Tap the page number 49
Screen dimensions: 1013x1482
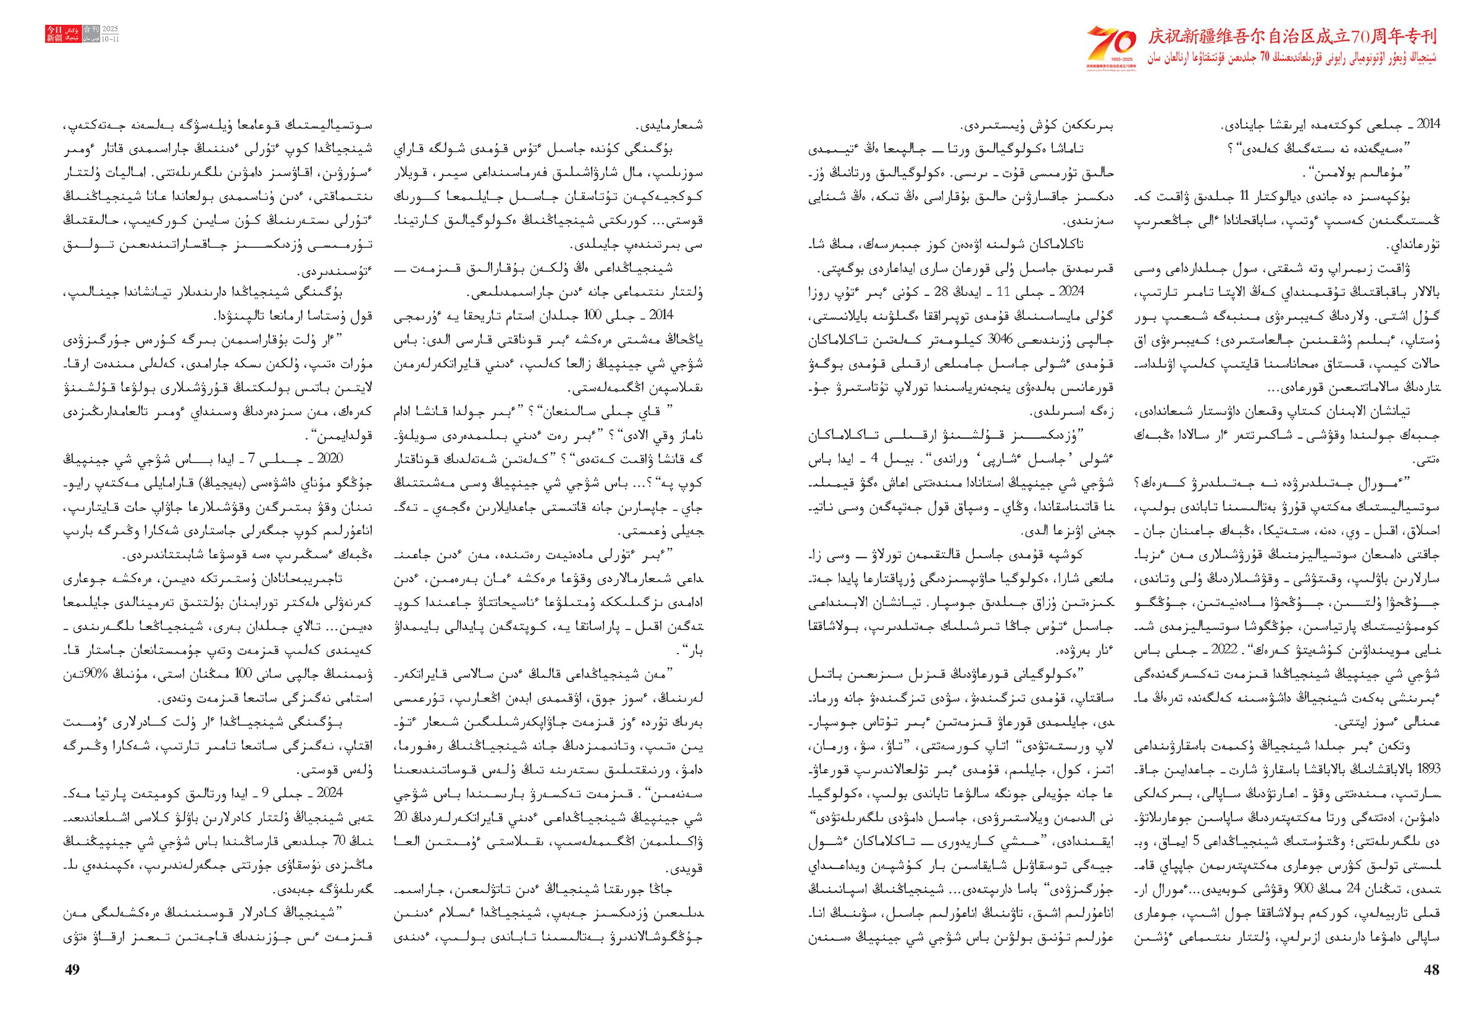pos(73,970)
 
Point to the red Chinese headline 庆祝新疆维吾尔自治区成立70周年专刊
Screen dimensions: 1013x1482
pos(1292,36)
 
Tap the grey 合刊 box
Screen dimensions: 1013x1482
pos(91,30)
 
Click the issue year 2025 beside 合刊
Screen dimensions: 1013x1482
pos(111,30)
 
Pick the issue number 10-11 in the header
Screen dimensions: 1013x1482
pos(111,38)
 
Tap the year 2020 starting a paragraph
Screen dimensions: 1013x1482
pos(330,458)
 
